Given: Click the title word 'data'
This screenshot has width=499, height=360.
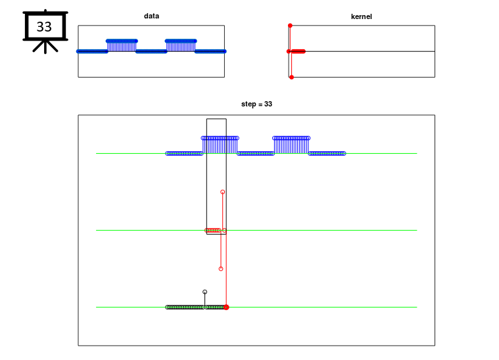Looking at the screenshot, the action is click(151, 16).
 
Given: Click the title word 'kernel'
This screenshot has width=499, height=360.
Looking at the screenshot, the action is click(361, 16).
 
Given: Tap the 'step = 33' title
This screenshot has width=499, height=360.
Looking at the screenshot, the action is click(256, 104).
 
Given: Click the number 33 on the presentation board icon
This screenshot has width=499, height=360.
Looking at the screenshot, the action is click(44, 27).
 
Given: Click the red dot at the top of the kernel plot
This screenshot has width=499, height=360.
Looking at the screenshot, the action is click(290, 26).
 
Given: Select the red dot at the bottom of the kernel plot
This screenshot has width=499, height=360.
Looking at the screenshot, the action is click(291, 78).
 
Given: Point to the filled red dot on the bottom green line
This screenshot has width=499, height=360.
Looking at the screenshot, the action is click(226, 307).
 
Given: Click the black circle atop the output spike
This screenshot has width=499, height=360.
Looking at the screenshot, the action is click(205, 292).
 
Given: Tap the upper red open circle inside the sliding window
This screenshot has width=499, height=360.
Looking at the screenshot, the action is click(223, 192).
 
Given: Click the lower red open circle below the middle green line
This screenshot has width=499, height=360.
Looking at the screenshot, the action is click(221, 269).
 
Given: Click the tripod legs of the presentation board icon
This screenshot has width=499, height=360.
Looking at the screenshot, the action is click(45, 47).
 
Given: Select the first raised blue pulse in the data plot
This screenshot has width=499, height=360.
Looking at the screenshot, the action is click(122, 46).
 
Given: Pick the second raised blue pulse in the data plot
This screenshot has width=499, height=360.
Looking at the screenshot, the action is click(181, 46).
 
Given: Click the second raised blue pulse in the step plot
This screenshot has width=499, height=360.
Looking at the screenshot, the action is click(291, 145).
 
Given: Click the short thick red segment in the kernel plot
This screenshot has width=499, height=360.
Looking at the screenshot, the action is click(298, 51).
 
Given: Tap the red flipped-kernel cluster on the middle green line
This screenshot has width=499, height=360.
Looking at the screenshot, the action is click(212, 230).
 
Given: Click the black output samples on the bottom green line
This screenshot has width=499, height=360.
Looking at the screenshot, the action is click(196, 307).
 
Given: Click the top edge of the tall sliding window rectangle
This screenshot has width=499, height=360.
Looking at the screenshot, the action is click(216, 119).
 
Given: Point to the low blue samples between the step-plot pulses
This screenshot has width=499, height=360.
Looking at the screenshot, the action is click(256, 154).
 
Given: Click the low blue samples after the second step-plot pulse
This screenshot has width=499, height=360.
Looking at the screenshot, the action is click(327, 154).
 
